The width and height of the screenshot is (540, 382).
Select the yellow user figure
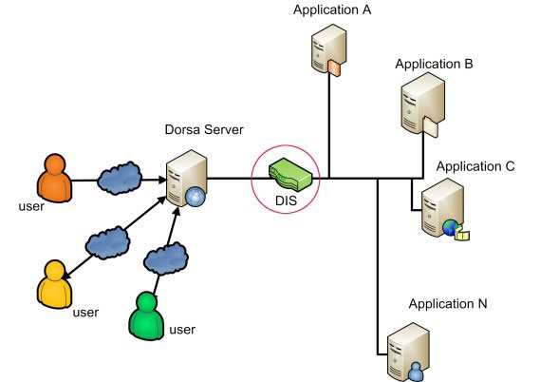54,284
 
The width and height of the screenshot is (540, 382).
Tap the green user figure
146,316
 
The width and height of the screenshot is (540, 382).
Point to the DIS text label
287,201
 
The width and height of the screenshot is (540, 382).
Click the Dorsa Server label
204,129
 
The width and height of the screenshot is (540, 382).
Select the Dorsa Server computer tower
187,179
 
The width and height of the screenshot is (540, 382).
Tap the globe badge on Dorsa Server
196,197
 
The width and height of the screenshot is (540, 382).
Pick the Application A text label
332,10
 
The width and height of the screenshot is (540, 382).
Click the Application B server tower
423,105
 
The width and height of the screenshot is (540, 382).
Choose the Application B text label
434,64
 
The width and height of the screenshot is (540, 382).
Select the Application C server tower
442,208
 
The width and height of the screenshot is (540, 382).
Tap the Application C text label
475,166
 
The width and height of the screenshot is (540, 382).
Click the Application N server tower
408,352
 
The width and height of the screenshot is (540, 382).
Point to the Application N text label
448,304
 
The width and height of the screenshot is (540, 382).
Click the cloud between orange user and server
120,178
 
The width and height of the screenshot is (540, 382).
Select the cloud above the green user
166,258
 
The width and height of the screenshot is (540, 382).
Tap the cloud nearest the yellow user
107,242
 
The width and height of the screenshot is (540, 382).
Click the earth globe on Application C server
451,227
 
